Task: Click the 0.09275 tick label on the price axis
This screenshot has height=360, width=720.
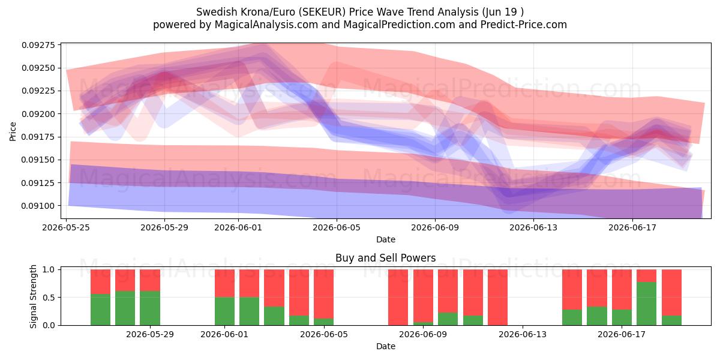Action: pyautogui.click(x=38, y=45)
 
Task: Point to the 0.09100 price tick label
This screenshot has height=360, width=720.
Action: pyautogui.click(x=38, y=206)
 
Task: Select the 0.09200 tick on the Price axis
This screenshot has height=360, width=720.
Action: pyautogui.click(x=38, y=114)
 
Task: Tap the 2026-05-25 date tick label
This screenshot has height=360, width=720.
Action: pyautogui.click(x=66, y=227)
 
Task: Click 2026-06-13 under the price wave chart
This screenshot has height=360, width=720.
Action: pyautogui.click(x=533, y=227)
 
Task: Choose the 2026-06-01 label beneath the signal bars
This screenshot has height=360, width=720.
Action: pyautogui.click(x=224, y=335)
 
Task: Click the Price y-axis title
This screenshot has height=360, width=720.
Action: pyautogui.click(x=13, y=131)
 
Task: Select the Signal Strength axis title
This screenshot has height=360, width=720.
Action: pyautogui.click(x=33, y=296)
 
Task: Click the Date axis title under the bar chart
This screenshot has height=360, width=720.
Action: pyautogui.click(x=386, y=347)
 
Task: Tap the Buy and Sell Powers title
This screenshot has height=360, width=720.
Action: pyautogui.click(x=386, y=258)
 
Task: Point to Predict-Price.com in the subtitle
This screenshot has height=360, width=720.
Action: pyautogui.click(x=524, y=25)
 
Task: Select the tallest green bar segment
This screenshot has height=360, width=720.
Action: pyautogui.click(x=646, y=304)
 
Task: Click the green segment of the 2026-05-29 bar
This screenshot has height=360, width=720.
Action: pyautogui.click(x=150, y=308)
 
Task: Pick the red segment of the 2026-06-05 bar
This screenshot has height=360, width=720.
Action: pyautogui.click(x=323, y=294)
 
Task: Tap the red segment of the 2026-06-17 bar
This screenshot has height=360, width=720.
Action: pyautogui.click(x=622, y=290)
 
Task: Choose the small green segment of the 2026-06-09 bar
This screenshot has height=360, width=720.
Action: pyautogui.click(x=423, y=323)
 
